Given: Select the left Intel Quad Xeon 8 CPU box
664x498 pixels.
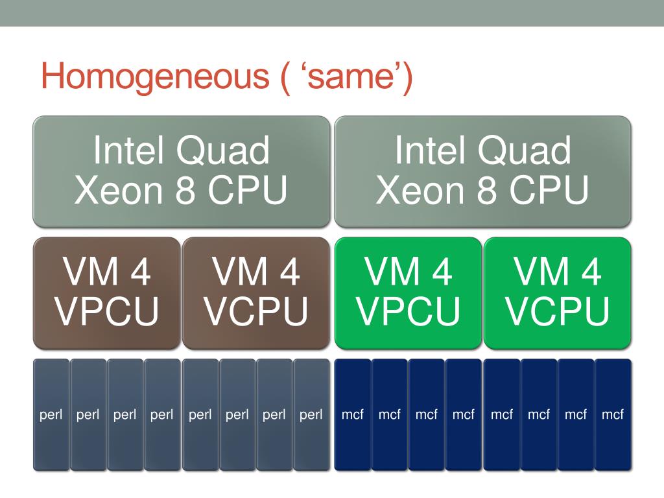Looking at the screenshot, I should (x=181, y=171).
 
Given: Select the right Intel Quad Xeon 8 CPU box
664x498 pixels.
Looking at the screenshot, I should (x=482, y=171).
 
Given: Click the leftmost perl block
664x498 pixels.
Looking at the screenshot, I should (x=51, y=414).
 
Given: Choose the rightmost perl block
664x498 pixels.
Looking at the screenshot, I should (x=311, y=414).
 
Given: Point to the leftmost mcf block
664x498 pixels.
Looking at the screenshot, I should (x=353, y=414).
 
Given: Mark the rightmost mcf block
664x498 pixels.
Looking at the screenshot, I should (x=613, y=414).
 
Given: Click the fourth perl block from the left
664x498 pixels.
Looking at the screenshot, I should (x=162, y=414).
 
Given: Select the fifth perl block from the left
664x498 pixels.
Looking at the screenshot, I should (x=200, y=414).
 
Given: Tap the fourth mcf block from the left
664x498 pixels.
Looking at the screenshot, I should (x=464, y=414).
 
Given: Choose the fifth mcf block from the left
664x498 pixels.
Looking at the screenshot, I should (x=502, y=414).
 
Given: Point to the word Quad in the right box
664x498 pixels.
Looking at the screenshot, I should (x=528, y=150).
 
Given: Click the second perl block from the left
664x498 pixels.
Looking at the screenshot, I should (x=88, y=414).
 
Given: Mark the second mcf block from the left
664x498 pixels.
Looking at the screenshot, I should (x=390, y=414).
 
